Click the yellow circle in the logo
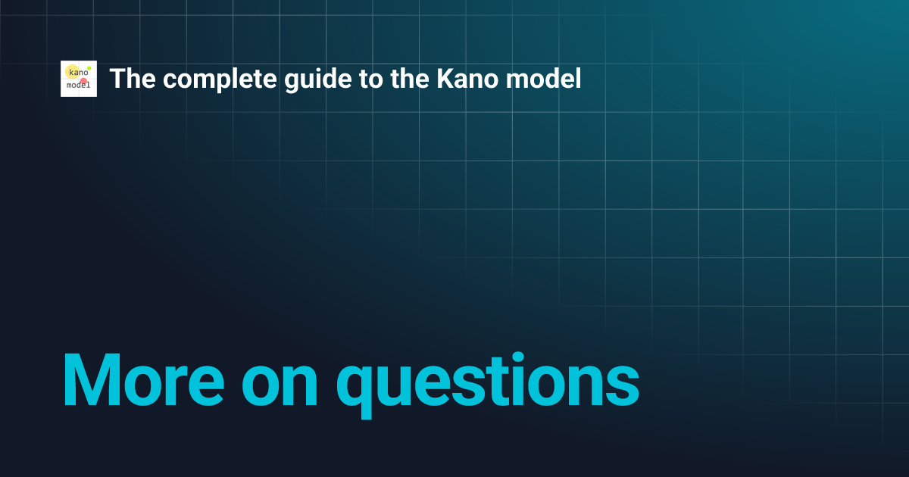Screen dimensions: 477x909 (x=73, y=73)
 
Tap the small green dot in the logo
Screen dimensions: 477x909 (x=89, y=67)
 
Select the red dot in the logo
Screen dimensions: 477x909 (x=83, y=81)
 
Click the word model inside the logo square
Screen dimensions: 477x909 (x=78, y=86)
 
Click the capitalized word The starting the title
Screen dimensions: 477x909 (x=129, y=79)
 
